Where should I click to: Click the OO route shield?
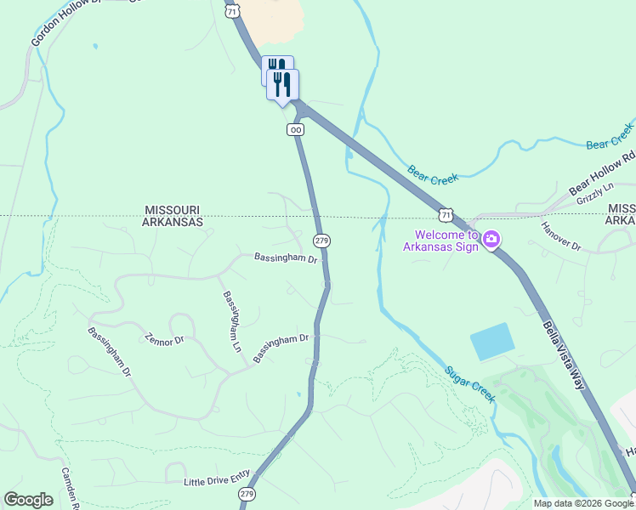tap(295, 129)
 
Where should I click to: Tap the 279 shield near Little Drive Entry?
tap(247, 494)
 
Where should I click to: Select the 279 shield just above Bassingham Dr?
tap(321, 241)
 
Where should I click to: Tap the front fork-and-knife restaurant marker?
tap(282, 85)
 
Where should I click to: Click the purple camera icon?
tap(491, 241)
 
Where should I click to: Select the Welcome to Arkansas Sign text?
tap(446, 241)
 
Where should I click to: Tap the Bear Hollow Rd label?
tap(602, 172)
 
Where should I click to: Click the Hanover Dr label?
tap(561, 237)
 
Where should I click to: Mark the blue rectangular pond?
tap(492, 342)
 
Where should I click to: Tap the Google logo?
tap(29, 500)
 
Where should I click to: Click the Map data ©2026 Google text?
tap(582, 503)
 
